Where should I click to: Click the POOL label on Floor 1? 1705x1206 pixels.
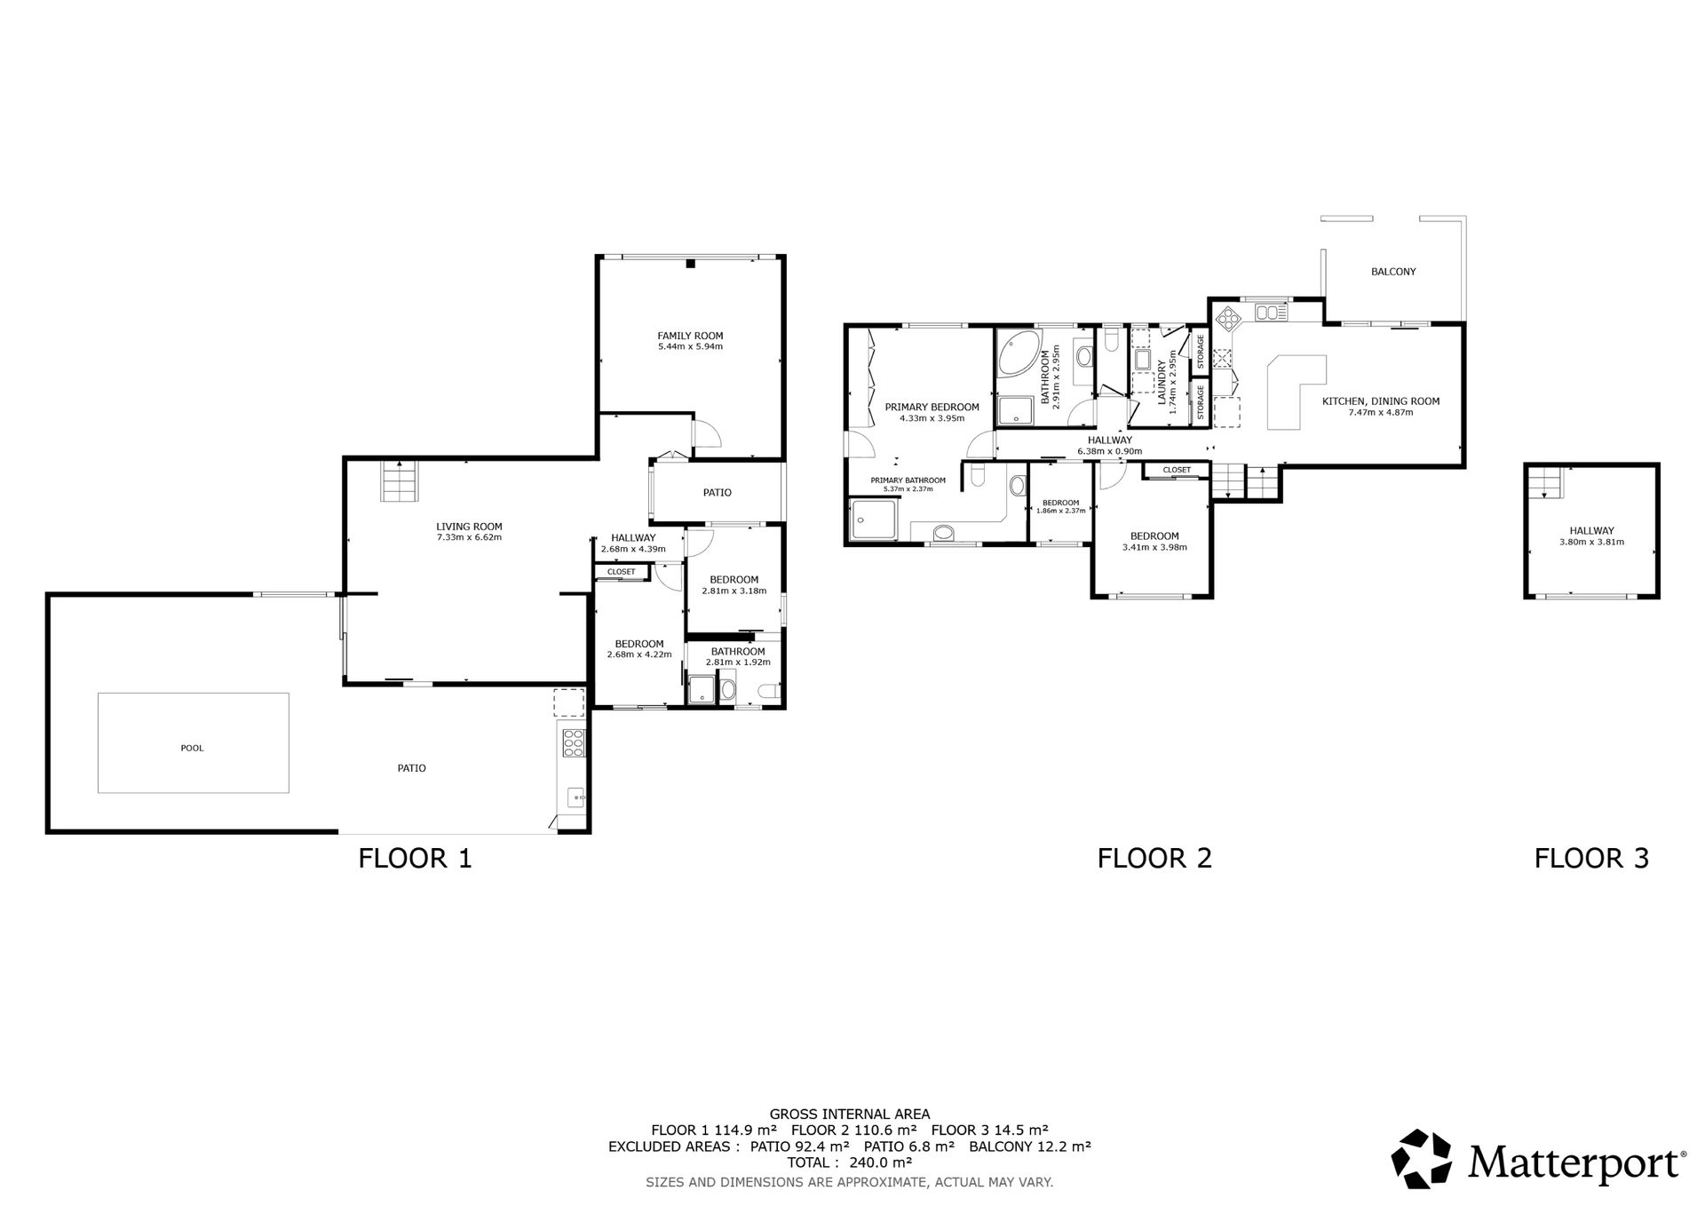coord(192,748)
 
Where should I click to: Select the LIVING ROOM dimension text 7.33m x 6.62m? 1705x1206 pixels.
coord(469,537)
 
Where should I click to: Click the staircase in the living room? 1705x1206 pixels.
coord(399,480)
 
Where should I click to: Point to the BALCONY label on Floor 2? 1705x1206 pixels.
coord(1393,272)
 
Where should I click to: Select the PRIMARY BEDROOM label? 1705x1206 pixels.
coord(932,408)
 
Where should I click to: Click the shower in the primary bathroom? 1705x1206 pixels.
coord(874,520)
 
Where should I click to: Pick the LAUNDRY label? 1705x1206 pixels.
coord(1162,383)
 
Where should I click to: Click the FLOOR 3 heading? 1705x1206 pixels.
coord(1591,858)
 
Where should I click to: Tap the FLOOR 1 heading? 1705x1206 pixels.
coord(415,858)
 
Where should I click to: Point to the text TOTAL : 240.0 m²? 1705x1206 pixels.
coord(849,1162)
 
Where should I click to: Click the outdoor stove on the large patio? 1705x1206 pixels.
coord(573,742)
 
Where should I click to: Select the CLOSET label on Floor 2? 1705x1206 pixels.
coord(1177,470)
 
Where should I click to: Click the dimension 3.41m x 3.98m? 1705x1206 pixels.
coord(1154,547)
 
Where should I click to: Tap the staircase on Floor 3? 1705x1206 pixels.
coord(1544,483)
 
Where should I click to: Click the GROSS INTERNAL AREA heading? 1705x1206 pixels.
coord(850,1114)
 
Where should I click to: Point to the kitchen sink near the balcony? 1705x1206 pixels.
coord(1271,312)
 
